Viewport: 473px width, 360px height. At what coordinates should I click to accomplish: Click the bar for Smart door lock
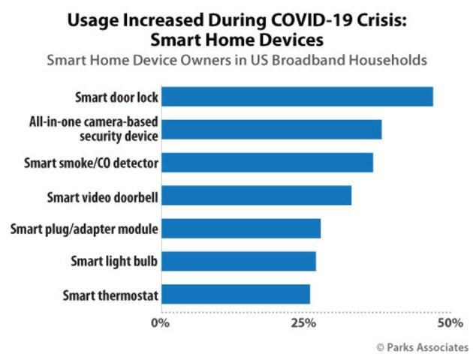pyautogui.click(x=297, y=97)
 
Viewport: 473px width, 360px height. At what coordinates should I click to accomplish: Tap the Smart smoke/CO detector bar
pyautogui.click(x=267, y=162)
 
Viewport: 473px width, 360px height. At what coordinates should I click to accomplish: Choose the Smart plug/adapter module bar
pyautogui.click(x=241, y=228)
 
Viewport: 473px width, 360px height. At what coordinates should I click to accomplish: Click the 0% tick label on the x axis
pyautogui.click(x=160, y=323)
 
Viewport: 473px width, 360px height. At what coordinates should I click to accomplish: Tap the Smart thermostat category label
pyautogui.click(x=110, y=295)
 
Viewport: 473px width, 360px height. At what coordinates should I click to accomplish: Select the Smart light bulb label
pyautogui.click(x=114, y=262)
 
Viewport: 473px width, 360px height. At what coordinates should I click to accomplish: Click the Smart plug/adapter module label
pyautogui.click(x=85, y=229)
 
